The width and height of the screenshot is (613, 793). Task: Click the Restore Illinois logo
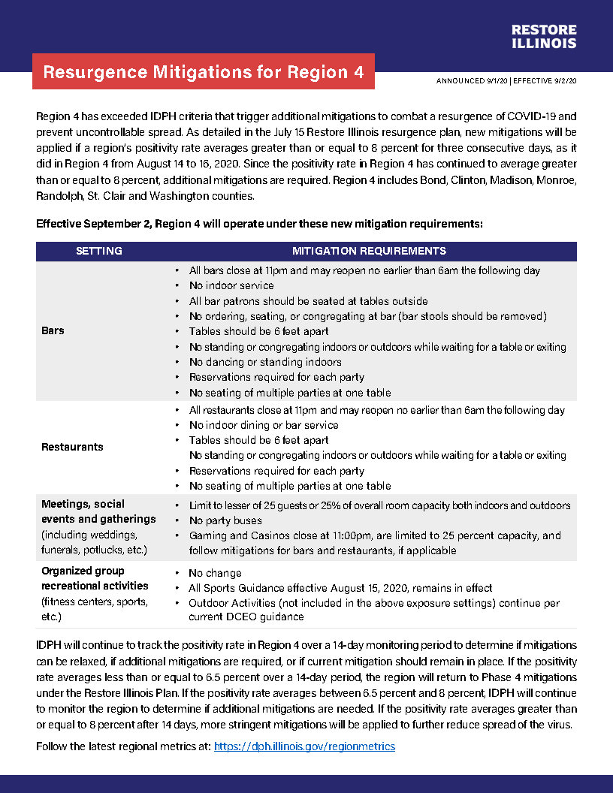[544, 36]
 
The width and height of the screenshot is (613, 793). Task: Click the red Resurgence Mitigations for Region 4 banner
[204, 72]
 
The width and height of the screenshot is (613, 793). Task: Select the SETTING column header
[99, 251]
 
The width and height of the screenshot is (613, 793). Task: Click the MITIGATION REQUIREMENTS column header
[369, 251]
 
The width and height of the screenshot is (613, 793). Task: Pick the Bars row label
[53, 330]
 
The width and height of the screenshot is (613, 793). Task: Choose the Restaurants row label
[72, 447]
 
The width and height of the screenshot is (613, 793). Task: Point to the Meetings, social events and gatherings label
[98, 511]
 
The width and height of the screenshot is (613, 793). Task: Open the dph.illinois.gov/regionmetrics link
[304, 746]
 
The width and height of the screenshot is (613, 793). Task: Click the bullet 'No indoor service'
[231, 285]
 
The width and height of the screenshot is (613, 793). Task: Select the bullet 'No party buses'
[225, 520]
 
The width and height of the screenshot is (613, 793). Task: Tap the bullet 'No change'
[215, 573]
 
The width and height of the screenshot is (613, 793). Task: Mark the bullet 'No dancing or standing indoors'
[265, 362]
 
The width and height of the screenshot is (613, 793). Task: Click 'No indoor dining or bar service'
[264, 425]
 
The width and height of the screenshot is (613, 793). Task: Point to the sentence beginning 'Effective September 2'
[259, 224]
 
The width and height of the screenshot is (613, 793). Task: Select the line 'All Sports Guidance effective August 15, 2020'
[340, 588]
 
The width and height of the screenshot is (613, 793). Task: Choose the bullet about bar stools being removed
[367, 315]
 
